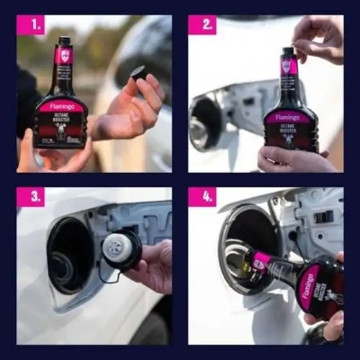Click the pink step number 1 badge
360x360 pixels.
coord(30,26)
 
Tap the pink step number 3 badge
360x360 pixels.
coord(30,196)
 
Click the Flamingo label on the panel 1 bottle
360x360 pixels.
coord(60,105)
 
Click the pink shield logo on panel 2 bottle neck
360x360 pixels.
coord(287,66)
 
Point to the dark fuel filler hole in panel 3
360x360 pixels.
coord(70,256)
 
